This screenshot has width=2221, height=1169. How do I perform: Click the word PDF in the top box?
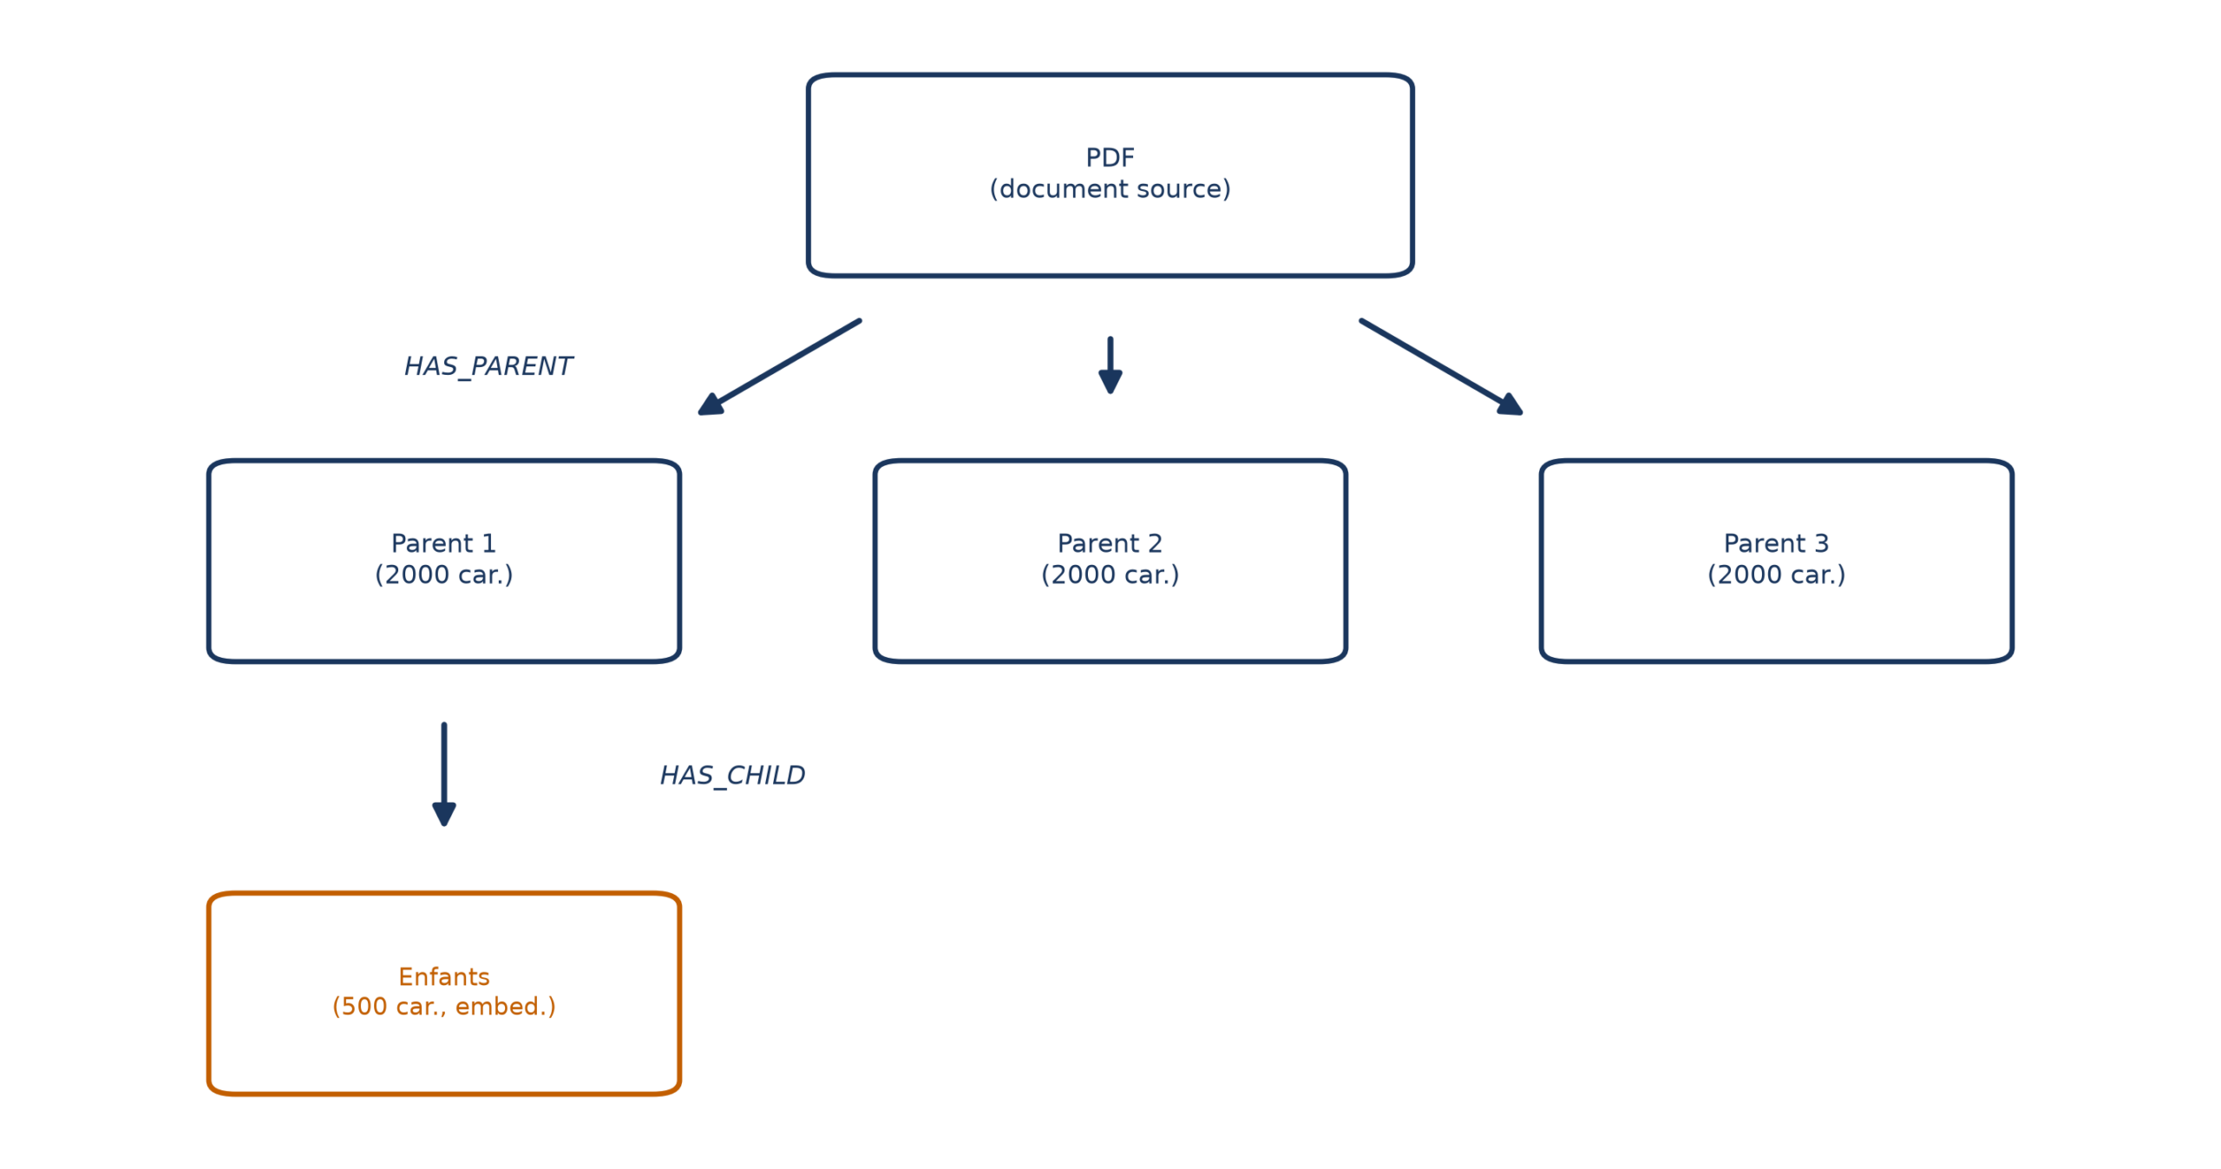point(1110,157)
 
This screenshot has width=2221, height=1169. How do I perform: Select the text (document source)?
point(1110,188)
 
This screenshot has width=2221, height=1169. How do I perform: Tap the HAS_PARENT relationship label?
point(488,366)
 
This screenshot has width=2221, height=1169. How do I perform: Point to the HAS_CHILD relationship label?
point(732,775)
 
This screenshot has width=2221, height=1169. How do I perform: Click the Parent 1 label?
point(443,543)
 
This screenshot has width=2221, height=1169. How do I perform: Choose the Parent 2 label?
point(1110,543)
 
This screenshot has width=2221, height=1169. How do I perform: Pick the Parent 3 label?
point(1776,543)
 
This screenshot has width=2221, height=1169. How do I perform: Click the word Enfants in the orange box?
point(443,976)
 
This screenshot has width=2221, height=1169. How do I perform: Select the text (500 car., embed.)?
point(443,1006)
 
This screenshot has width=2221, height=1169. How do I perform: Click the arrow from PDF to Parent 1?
point(779,367)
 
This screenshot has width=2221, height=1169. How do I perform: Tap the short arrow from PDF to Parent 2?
point(1110,365)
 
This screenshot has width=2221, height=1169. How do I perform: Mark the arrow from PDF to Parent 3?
point(1441,367)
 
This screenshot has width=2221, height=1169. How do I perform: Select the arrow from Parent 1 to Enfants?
point(443,774)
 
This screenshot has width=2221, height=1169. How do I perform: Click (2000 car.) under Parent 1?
point(443,575)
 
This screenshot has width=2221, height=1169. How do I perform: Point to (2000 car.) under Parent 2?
point(1110,575)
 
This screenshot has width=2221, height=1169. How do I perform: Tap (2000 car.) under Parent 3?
point(1776,575)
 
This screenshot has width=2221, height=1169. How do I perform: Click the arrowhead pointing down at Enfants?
point(443,815)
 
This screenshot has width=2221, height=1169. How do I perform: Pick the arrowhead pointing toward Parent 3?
point(1510,405)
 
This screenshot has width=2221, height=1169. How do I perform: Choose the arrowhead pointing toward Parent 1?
point(711,405)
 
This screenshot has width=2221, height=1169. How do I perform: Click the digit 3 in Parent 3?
point(1821,543)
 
